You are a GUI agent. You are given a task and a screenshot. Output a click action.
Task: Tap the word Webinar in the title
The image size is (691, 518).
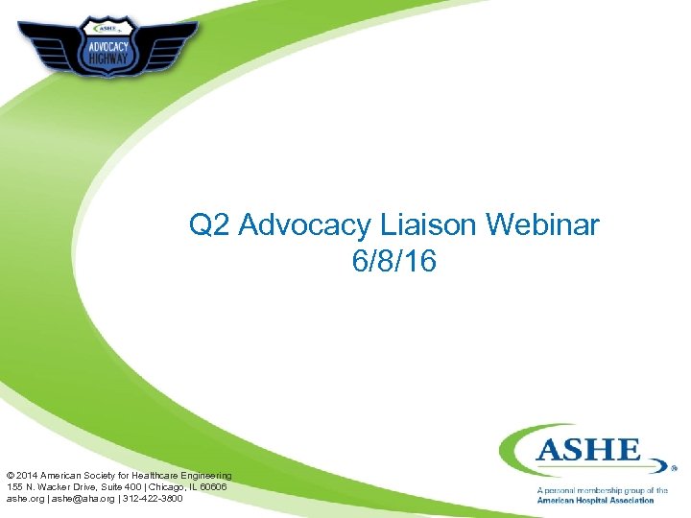click(x=543, y=226)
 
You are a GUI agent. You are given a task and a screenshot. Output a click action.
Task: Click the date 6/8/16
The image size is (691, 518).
click(x=394, y=261)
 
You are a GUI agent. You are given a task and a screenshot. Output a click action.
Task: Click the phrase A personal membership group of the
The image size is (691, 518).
click(x=602, y=490)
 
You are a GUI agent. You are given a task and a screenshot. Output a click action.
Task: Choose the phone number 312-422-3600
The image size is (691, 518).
click(x=150, y=499)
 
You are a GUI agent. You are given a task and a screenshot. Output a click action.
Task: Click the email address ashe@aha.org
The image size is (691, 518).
click(x=82, y=499)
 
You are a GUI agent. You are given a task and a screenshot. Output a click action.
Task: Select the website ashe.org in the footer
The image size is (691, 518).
click(x=23, y=499)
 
